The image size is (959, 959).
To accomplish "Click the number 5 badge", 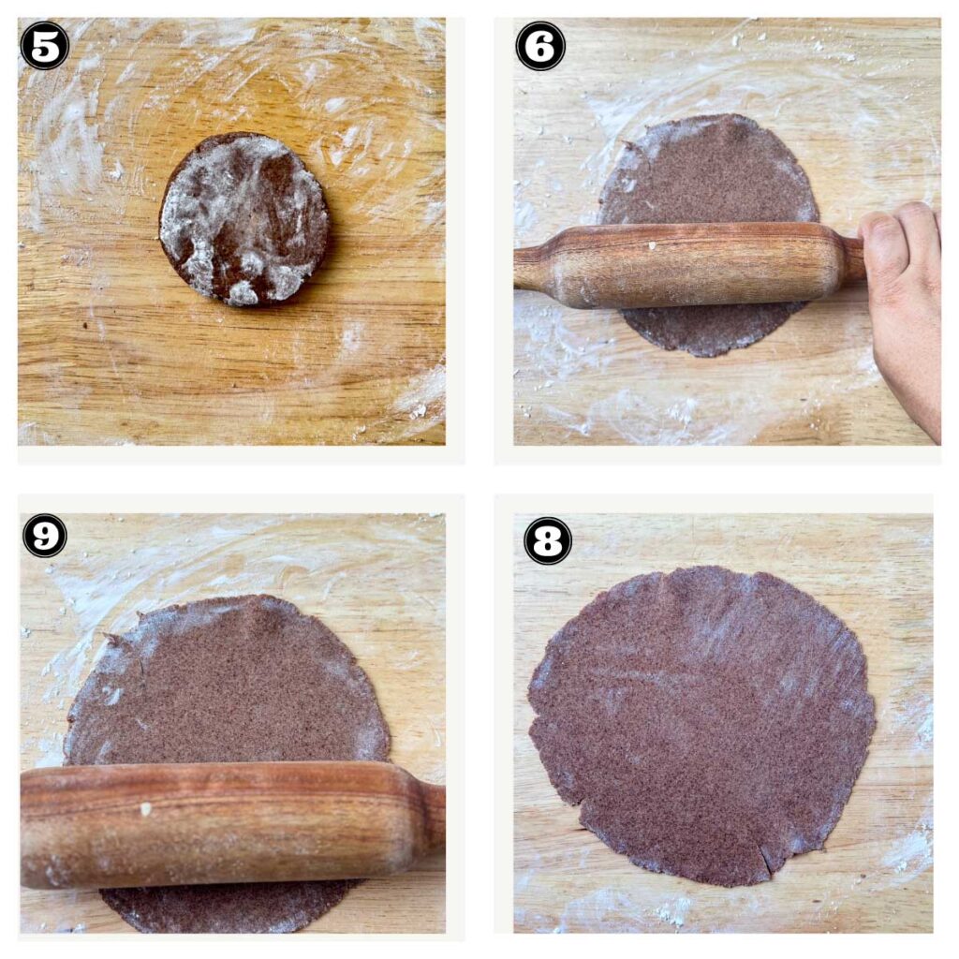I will pyautogui.click(x=44, y=45).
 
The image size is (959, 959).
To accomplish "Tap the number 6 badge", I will pyautogui.click(x=540, y=46).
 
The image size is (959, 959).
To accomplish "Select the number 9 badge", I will pyautogui.click(x=44, y=536).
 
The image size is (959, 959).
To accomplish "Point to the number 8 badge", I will pyautogui.click(x=548, y=540).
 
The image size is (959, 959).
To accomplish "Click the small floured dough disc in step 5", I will pyautogui.click(x=243, y=218).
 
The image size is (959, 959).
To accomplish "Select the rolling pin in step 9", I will pyautogui.click(x=225, y=824).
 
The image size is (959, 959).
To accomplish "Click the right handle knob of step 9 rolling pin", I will pyautogui.click(x=433, y=815).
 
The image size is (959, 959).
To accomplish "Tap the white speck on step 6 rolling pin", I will pyautogui.click(x=653, y=246).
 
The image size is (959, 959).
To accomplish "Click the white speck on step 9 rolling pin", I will pyautogui.click(x=145, y=808).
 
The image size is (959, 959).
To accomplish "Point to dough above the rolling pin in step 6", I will pyautogui.click(x=707, y=173).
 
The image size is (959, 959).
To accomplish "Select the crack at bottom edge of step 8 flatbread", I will pyautogui.click(x=768, y=857).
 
